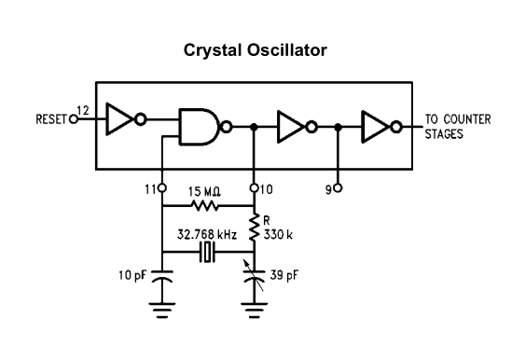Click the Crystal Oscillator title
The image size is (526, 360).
click(x=256, y=50)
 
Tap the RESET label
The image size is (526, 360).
click(x=51, y=119)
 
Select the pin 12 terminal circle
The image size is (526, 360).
click(x=73, y=119)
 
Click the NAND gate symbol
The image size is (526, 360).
click(x=205, y=127)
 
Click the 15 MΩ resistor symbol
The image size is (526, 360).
click(x=204, y=205)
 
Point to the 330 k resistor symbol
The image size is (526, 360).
click(x=254, y=228)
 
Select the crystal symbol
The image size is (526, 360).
click(x=207, y=252)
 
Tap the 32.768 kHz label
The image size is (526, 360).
click(x=207, y=234)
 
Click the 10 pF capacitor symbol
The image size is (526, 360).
click(x=162, y=276)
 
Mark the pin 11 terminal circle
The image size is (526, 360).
click(x=162, y=188)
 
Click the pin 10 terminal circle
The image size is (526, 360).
click(x=255, y=188)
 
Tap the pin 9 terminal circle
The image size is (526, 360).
click(x=339, y=188)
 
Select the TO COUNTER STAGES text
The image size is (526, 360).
click(x=458, y=127)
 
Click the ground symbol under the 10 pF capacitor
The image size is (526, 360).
click(x=162, y=310)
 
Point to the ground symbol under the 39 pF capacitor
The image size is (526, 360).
click(x=255, y=310)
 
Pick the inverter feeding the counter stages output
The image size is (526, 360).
click(x=381, y=127)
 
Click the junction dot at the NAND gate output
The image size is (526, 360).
click(x=255, y=127)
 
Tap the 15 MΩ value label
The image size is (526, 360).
click(x=204, y=191)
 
